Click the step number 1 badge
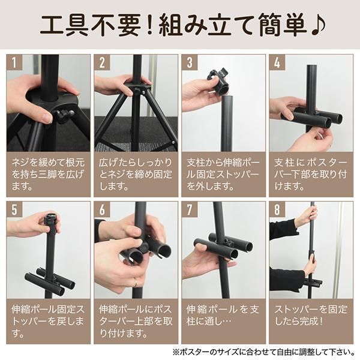coord(14,62)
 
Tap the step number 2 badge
coord(102,62)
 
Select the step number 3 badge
coord(190,62)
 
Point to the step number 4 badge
coord(277,62)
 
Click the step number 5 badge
coord(14,209)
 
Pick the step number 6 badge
coord(102,209)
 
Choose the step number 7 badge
coord(190,209)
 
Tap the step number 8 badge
coord(277,209)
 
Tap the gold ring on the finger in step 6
coord(136,282)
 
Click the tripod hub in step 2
coord(137,88)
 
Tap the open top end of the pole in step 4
coord(312,67)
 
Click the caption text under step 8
coord(311,315)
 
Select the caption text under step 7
coord(223,315)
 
